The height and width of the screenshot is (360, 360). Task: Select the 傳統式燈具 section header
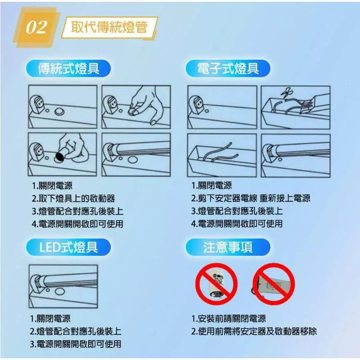(68, 69)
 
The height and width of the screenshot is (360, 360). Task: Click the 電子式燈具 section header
(228, 69)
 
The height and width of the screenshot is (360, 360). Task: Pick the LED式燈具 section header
(68, 246)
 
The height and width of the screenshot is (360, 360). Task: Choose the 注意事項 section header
(228, 247)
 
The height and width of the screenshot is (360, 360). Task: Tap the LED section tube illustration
(63, 282)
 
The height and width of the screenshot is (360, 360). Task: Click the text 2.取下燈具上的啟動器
(73, 198)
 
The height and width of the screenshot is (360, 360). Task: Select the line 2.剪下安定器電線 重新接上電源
(251, 198)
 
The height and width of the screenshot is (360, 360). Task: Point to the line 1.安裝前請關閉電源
(228, 319)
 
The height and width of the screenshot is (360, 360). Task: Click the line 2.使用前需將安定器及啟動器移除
(254, 332)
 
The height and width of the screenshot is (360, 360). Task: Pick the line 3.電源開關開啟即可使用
(76, 344)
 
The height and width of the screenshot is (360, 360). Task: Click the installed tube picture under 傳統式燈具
(136, 153)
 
